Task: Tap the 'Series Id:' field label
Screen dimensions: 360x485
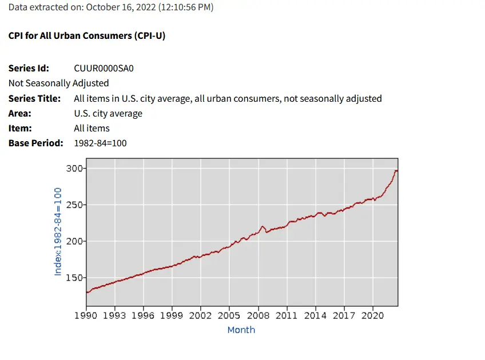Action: pos(29,69)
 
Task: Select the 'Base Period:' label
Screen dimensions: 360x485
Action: pos(35,143)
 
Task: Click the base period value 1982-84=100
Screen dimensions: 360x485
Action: pos(100,143)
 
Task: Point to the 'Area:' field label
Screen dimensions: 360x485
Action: pos(20,113)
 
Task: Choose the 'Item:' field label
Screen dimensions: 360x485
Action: pos(20,128)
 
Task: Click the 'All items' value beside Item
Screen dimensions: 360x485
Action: pos(92,128)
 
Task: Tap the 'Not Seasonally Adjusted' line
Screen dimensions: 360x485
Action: pos(58,83)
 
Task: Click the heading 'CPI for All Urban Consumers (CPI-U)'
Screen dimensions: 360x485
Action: pos(87,35)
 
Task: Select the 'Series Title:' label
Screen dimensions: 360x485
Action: pos(34,98)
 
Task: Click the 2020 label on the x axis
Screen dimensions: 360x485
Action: pos(372,315)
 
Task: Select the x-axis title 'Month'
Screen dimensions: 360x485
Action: pos(241,330)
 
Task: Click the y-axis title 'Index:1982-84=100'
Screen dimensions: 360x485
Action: pos(58,233)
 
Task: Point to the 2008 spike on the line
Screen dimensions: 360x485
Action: pos(263,227)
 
